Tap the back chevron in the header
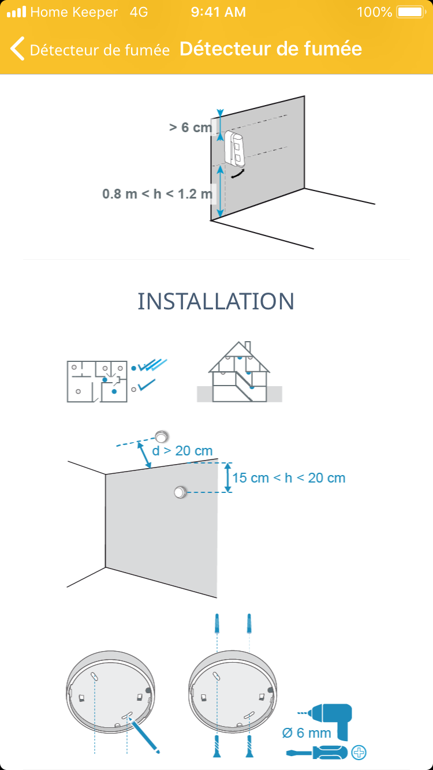click(x=17, y=48)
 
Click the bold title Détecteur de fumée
click(x=271, y=48)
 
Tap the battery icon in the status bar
click(x=411, y=12)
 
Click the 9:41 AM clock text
click(x=218, y=12)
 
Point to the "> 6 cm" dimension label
click(x=191, y=128)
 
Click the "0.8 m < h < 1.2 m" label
click(x=157, y=194)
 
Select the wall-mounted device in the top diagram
click(x=234, y=148)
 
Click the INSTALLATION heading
click(x=216, y=301)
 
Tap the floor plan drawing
click(x=97, y=382)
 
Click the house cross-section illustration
click(x=240, y=372)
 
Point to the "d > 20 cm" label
click(x=182, y=451)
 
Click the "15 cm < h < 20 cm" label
click(x=289, y=478)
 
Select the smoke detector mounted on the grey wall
click(x=181, y=492)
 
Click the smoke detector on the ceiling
click(x=161, y=436)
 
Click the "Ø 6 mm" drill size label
click(x=307, y=733)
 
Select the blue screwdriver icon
click(x=317, y=753)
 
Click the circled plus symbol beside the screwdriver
click(x=359, y=753)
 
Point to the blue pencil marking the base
click(x=143, y=735)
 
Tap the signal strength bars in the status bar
click(x=17, y=12)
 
